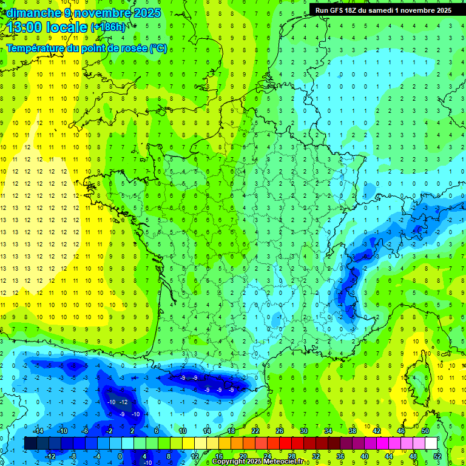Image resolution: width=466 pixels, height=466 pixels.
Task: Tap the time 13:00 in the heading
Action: (25, 27)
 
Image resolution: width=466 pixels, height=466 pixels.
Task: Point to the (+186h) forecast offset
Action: (108, 27)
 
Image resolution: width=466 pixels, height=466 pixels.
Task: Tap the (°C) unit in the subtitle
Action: (158, 48)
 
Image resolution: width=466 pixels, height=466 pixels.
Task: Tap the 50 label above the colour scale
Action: (425, 431)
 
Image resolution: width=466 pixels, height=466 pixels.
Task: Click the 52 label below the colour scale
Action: (437, 456)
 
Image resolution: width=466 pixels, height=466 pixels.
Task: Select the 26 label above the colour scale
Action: (280, 431)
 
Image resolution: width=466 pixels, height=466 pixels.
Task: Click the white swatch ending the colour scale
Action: (431, 444)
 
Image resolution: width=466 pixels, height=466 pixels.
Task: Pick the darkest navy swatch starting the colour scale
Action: (30, 444)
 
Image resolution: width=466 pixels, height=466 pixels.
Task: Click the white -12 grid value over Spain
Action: (124, 402)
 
